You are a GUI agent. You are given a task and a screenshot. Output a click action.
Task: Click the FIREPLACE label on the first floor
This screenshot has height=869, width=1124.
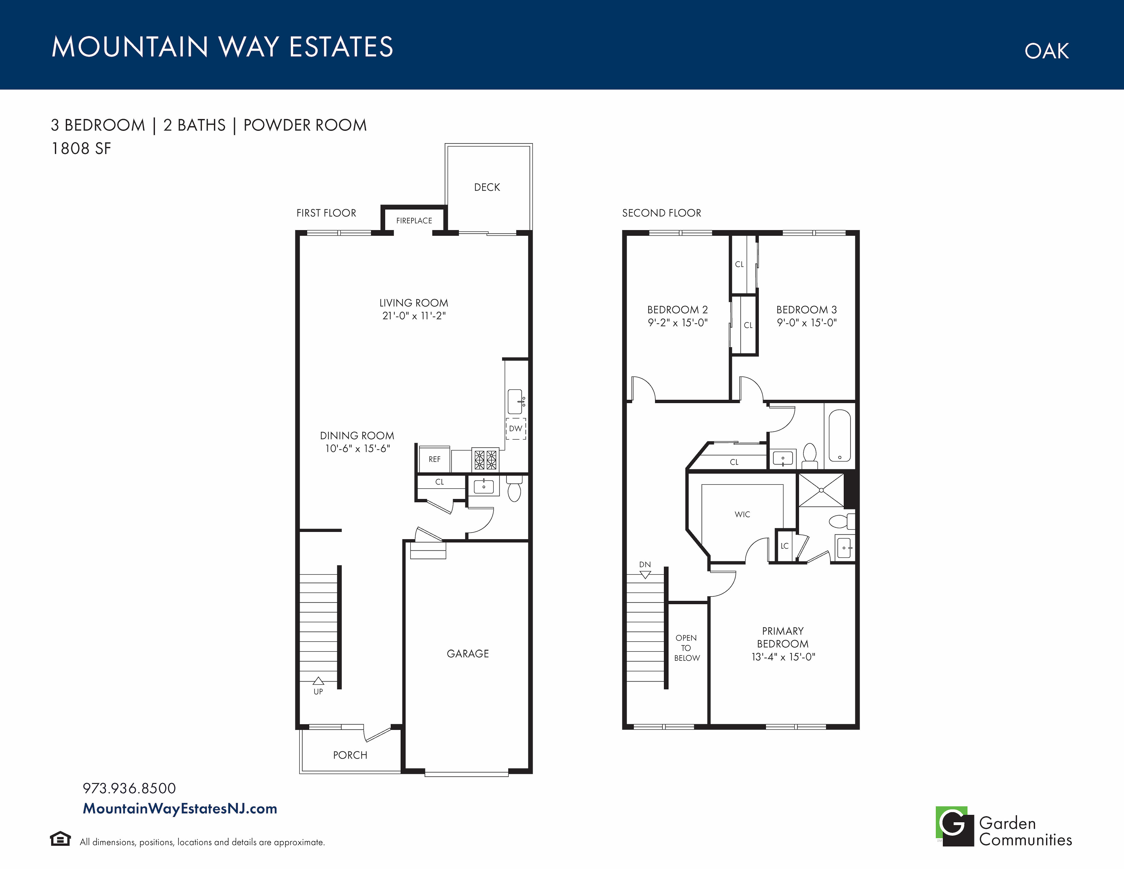(414, 221)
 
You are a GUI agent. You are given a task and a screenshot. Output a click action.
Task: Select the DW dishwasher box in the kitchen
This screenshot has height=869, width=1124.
(516, 428)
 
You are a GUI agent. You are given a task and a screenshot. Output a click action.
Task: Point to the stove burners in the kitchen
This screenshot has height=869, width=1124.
(486, 460)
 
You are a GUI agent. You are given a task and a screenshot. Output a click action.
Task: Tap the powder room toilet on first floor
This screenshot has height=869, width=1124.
(514, 489)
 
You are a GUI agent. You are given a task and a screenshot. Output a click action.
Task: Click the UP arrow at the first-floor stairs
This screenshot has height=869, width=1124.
(318, 681)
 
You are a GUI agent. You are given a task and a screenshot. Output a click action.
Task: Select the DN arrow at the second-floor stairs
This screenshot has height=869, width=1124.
(645, 575)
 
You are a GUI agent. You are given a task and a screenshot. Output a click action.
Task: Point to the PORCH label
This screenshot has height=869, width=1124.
(350, 755)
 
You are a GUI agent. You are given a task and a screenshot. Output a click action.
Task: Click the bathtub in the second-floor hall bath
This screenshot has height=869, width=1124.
(839, 436)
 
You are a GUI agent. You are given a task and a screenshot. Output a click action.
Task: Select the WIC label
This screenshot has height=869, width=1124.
(742, 514)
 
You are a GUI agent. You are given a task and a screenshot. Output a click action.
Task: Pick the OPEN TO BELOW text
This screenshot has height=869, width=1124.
(687, 647)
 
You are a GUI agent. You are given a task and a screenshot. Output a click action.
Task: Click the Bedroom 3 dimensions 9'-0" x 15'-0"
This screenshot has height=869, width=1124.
(807, 323)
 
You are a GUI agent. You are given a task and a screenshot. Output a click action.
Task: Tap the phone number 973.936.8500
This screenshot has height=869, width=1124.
(129, 788)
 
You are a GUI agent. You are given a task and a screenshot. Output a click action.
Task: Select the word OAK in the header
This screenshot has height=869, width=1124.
(1046, 51)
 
